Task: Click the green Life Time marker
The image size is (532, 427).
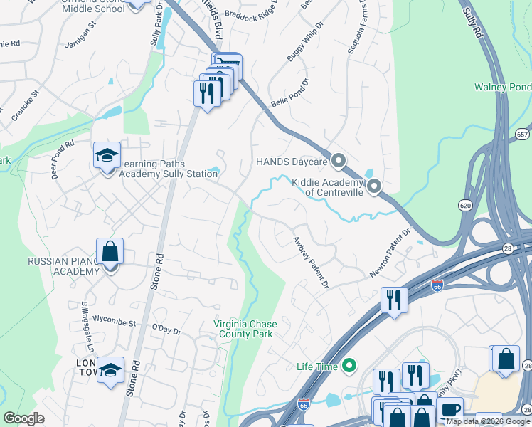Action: click(349, 367)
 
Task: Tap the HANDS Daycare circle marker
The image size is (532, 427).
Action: click(339, 161)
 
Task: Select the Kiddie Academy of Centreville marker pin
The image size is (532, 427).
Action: click(373, 187)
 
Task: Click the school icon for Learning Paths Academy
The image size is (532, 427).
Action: click(107, 156)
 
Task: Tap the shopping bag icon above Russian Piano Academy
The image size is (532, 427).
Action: click(110, 251)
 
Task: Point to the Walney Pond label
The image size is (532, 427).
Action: click(502, 87)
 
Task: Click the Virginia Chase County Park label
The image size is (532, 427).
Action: click(245, 328)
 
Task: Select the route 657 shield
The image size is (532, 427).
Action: click(523, 134)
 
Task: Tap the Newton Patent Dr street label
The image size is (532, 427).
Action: click(390, 253)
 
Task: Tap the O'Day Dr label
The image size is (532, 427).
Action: click(167, 331)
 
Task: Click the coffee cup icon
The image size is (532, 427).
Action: click(450, 410)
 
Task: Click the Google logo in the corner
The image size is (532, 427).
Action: click(24, 418)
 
